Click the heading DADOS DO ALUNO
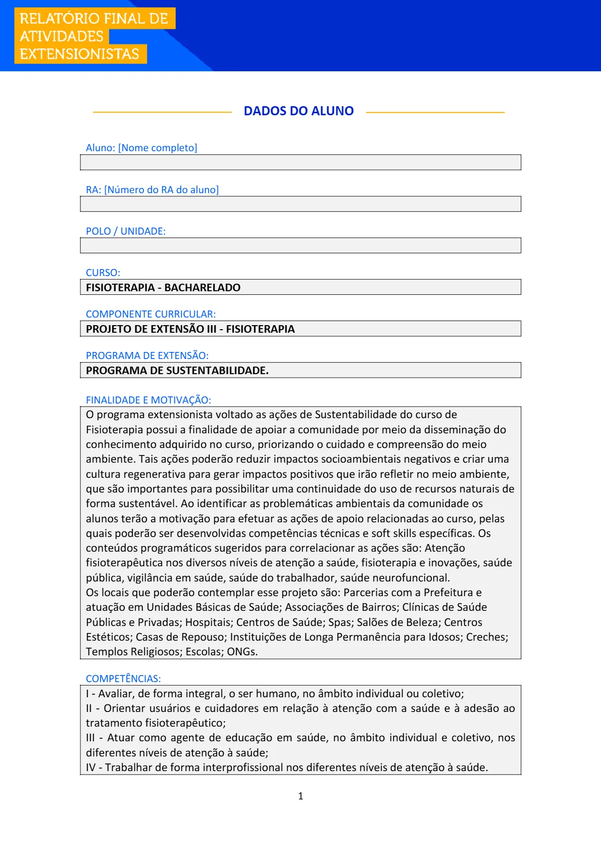pos(298,111)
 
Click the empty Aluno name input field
pos(300,162)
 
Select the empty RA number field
pos(300,204)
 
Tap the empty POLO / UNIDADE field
pos(300,245)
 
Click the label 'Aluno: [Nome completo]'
pos(141,148)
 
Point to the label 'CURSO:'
pos(103,273)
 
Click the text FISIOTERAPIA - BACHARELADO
pos(163,287)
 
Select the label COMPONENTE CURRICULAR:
pos(151,314)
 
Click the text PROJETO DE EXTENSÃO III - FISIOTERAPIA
pos(190,329)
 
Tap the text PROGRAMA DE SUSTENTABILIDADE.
pos(177,370)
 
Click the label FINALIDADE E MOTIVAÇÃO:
pos(148,400)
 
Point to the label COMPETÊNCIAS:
pos(123,679)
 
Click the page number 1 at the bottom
pos(300,796)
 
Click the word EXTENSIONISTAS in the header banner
pos(79,54)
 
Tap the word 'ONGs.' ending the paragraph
pos(242,651)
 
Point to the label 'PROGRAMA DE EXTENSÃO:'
pos(147,355)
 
